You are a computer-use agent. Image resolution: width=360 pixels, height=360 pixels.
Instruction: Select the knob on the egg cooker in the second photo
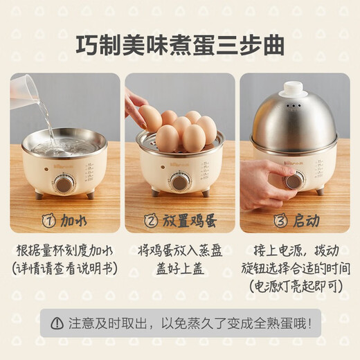pos(179,182)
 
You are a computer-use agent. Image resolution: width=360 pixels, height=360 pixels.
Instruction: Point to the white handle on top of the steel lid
pos(294,89)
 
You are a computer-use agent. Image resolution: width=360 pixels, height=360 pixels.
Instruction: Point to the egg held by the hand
pos(150,118)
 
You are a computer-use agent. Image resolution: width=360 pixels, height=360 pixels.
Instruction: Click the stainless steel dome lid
pos(294,121)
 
